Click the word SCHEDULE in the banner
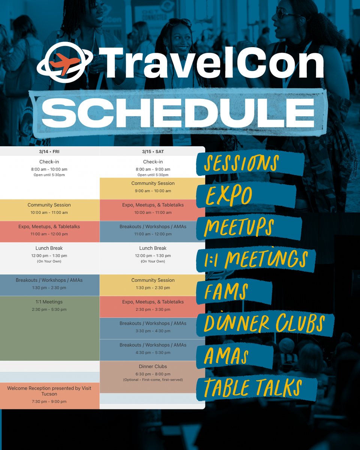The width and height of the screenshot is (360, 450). coord(178,110)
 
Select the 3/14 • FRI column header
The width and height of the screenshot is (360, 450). coord(49,151)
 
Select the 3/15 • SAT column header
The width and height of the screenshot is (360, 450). coord(153,151)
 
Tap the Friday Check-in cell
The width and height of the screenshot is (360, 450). coord(49,168)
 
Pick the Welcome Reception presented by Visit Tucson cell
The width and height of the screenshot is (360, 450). coord(49,394)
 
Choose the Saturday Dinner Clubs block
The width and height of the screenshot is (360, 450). coord(153,373)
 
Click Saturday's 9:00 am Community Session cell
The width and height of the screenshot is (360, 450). coord(153,187)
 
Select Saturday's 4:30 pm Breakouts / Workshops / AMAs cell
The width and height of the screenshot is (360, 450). coord(153,349)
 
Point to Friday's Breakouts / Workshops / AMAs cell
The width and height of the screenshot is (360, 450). coord(49,284)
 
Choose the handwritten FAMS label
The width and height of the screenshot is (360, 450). coord(227,292)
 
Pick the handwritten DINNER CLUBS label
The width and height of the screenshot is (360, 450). coord(264,323)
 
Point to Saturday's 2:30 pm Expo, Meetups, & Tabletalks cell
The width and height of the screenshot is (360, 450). coord(153,306)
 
